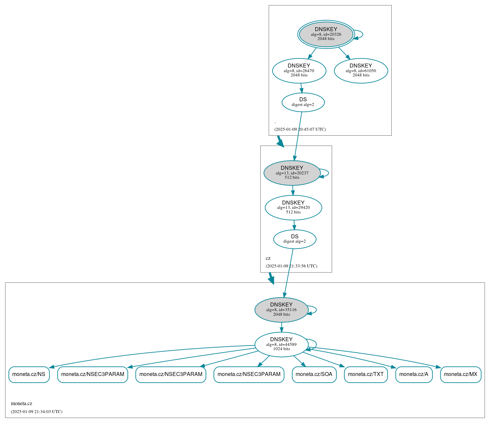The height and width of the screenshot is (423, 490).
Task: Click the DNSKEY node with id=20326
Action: point(326,34)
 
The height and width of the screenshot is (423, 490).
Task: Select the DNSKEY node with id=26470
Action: point(299,70)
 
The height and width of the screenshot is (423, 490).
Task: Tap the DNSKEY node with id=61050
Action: point(361,70)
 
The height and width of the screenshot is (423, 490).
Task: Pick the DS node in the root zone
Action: point(303,102)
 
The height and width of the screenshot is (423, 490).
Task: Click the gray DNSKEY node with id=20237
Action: point(292,173)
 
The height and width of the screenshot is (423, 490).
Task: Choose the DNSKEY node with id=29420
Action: point(293,208)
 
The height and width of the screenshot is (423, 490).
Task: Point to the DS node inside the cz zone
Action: point(295,239)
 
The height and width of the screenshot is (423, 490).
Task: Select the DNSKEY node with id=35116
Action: point(281,310)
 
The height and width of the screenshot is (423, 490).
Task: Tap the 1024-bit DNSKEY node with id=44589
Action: point(281,345)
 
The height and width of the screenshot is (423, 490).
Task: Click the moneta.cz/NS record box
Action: point(29,374)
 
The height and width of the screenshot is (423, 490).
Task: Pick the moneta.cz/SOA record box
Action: point(314,374)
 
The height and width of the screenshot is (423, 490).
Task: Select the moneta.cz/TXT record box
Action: point(366,374)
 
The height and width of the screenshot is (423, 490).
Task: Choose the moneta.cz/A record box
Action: point(414,374)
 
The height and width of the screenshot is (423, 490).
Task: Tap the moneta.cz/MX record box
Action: point(460,374)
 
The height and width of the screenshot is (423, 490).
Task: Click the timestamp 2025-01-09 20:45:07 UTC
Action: point(300,129)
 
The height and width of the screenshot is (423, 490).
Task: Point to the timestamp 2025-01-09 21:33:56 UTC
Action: point(291,266)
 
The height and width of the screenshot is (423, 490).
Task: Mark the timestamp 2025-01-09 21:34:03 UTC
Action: point(36,412)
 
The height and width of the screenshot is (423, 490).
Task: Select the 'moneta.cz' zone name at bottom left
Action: point(22,403)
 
